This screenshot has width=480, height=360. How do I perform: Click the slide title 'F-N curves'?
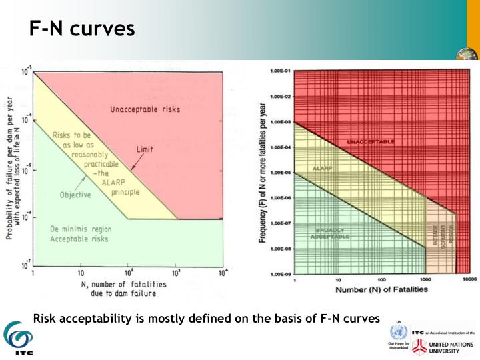(x=82, y=29)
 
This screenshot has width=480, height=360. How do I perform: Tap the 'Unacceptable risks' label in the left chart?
(x=146, y=108)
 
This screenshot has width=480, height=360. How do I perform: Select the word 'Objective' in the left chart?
(x=75, y=196)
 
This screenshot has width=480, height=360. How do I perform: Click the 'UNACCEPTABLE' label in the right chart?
(x=370, y=142)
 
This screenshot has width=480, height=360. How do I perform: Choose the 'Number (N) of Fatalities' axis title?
(x=372, y=290)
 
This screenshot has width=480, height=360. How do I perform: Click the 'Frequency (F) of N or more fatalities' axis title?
(x=262, y=172)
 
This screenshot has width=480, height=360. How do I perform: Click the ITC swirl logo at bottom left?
(x=16, y=337)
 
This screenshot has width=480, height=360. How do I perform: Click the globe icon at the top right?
(x=467, y=55)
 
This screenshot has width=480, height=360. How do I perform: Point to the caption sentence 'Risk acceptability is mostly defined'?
(x=206, y=317)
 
